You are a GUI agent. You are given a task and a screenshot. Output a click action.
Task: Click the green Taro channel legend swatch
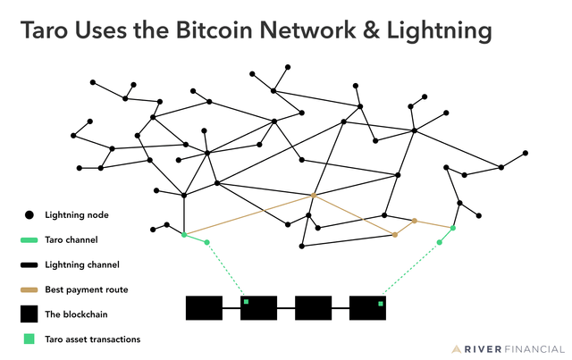(x=29, y=240)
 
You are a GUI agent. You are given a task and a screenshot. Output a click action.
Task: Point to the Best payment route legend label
(x=86, y=289)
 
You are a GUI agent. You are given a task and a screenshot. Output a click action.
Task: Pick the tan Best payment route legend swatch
(x=29, y=289)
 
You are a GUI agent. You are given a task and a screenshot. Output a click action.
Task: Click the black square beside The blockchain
(x=29, y=314)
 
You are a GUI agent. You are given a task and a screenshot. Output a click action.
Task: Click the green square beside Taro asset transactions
(x=29, y=339)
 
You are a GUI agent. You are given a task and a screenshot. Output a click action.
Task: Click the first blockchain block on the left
(x=204, y=307)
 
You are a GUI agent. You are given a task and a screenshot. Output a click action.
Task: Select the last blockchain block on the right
(x=367, y=307)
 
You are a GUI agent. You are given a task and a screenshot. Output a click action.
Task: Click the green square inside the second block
(x=247, y=302)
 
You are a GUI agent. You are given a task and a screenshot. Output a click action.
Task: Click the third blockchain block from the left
(x=313, y=307)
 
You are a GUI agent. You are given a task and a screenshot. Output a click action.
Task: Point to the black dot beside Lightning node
(x=29, y=215)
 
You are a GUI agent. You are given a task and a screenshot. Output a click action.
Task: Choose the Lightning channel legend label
(x=82, y=264)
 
